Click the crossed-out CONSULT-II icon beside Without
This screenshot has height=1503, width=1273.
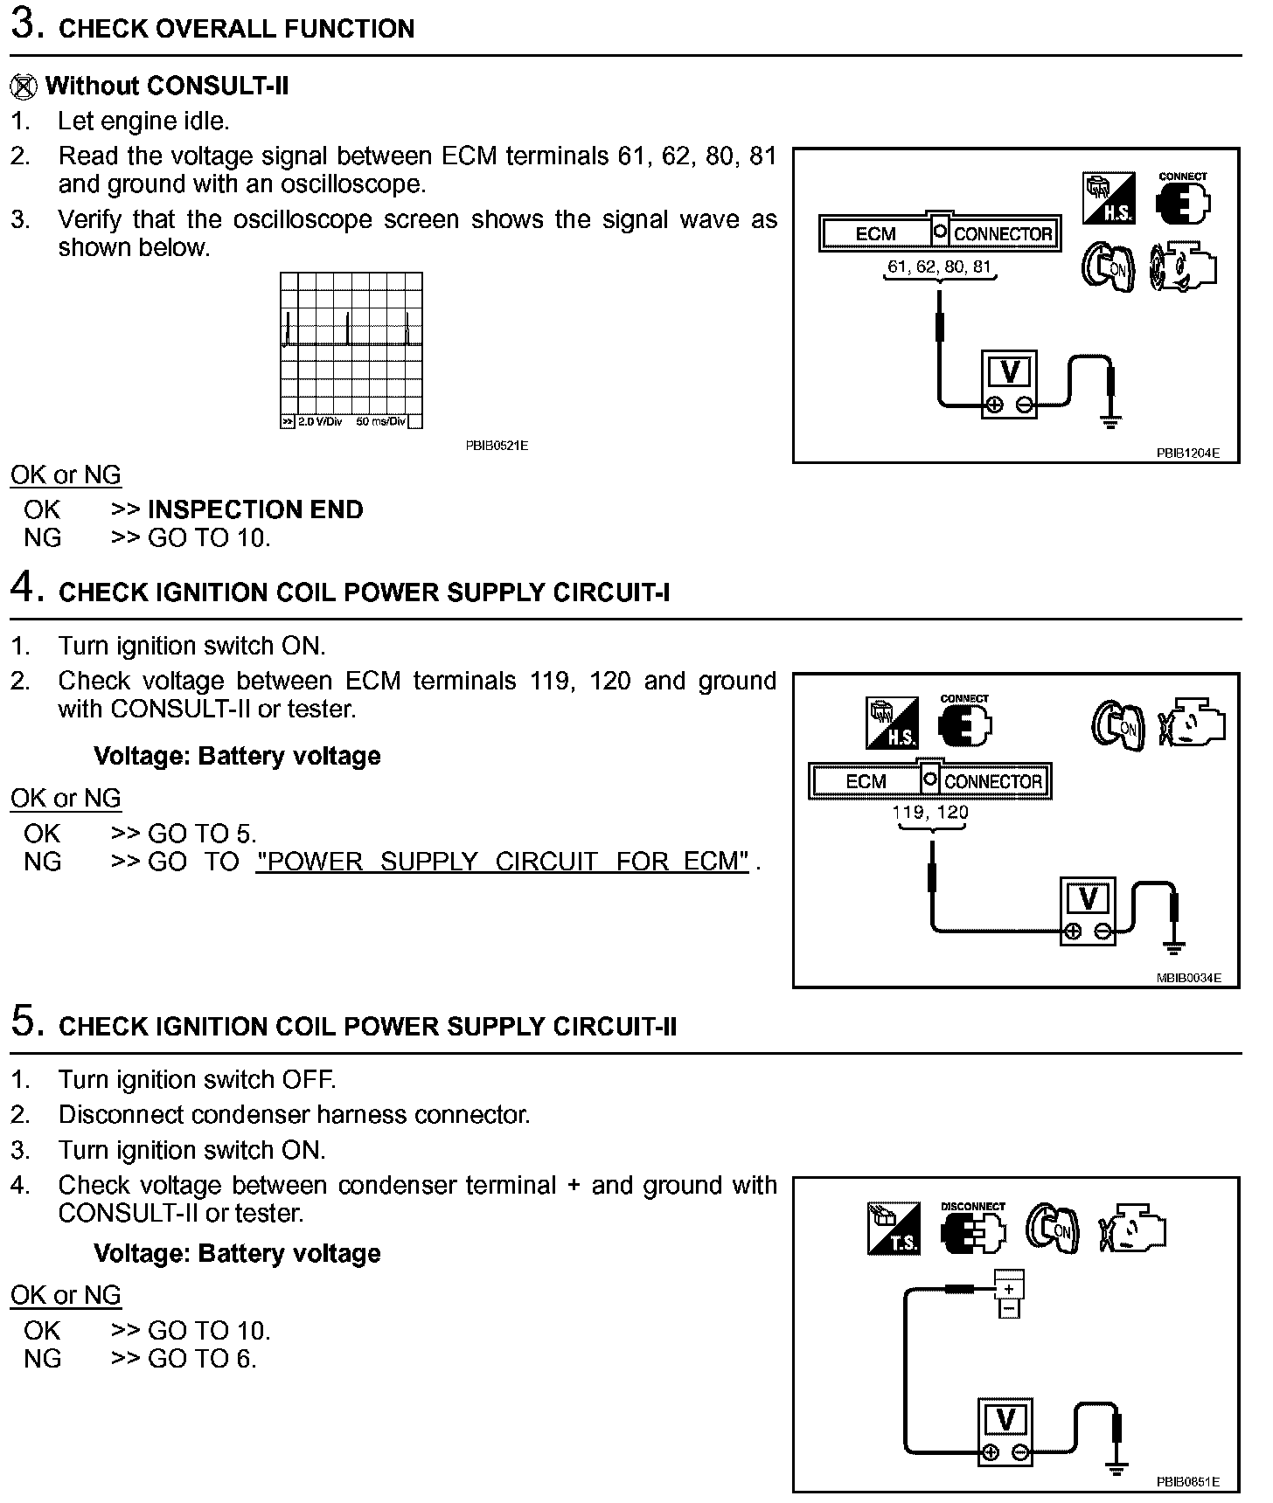pos(24,86)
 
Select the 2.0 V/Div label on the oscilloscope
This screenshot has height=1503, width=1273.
pos(319,422)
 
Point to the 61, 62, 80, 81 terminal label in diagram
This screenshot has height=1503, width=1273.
pos(940,267)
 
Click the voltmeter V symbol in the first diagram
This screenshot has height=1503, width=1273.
pos(1009,373)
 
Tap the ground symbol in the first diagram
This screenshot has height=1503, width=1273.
pos(1111,423)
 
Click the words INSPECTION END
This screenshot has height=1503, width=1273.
pos(255,509)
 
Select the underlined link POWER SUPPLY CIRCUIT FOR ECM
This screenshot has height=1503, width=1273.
pos(503,862)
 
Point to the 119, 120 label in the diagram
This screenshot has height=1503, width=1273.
pos(930,812)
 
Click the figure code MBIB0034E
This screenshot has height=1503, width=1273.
pos(1187,978)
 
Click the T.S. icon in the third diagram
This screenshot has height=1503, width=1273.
pos(894,1229)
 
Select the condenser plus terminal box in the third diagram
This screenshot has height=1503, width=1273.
pos(1009,1287)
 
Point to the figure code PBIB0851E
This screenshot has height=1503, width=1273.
pos(1187,1482)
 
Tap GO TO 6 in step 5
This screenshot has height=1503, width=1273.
pos(202,1359)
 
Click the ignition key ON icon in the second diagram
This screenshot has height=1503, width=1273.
pos(1118,725)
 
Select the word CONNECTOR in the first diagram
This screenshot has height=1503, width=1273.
pos(1002,234)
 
